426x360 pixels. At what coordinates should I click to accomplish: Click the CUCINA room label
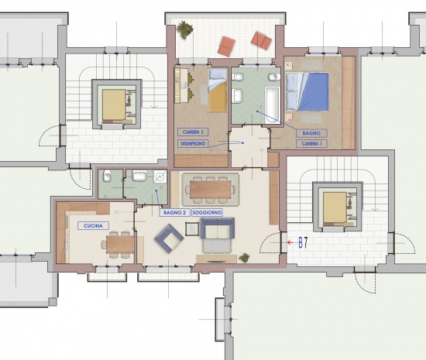click(x=93, y=226)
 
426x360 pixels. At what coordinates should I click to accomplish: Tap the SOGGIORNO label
click(x=207, y=213)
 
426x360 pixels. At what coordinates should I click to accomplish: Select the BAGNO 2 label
click(x=175, y=213)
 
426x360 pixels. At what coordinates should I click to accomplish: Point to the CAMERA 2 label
click(x=193, y=132)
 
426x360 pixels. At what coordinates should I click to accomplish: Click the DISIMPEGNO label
click(x=193, y=144)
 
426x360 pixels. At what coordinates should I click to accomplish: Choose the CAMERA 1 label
click(x=311, y=144)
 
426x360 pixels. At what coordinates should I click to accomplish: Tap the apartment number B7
click(x=303, y=243)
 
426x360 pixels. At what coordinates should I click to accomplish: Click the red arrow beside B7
click(x=291, y=242)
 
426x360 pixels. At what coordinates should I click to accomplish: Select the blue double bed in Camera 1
click(x=307, y=92)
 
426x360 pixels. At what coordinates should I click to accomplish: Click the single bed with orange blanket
click(x=218, y=90)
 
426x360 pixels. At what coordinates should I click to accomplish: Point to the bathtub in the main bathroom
click(x=273, y=105)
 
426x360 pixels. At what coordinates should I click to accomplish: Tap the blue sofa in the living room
click(x=218, y=228)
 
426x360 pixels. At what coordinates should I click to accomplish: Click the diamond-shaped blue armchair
click(x=169, y=238)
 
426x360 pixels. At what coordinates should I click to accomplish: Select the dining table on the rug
click(x=211, y=190)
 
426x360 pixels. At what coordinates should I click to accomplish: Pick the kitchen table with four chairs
click(x=119, y=245)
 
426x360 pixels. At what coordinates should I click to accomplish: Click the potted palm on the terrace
click(x=185, y=29)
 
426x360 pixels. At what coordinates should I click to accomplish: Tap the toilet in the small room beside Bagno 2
click(x=108, y=177)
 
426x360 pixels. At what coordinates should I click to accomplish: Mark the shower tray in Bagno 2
click(x=160, y=177)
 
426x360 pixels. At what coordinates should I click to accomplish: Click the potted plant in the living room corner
click(x=244, y=258)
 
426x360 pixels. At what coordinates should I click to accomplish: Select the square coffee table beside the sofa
click(x=192, y=229)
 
